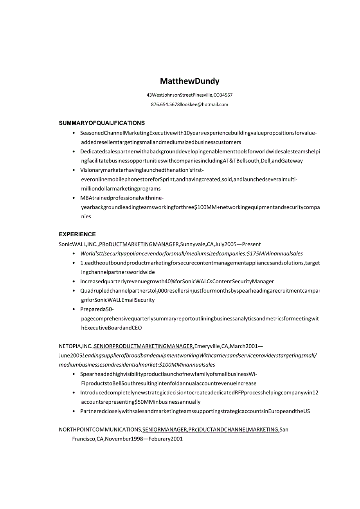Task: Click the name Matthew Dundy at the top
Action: point(189,81)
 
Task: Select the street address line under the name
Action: point(189,95)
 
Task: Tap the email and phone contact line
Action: point(189,104)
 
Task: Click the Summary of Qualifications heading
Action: point(102,123)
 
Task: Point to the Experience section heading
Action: point(77,234)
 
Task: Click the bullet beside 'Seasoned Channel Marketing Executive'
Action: point(74,133)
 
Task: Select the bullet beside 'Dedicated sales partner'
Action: point(74,151)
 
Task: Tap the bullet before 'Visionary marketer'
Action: point(74,170)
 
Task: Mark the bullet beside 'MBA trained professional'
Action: point(74,198)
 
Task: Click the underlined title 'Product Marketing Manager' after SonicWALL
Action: point(139,244)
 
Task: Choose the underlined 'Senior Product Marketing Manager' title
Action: point(144,346)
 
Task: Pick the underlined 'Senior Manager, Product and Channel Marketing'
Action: point(211,430)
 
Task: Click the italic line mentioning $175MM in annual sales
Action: point(191,254)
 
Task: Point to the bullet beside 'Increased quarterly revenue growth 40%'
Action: point(74,281)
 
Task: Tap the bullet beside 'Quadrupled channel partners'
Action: point(74,291)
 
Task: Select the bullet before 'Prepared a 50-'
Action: point(74,309)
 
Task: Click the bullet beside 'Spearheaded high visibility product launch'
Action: point(74,374)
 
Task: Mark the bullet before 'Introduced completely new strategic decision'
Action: point(74,392)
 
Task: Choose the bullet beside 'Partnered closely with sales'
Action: point(74,411)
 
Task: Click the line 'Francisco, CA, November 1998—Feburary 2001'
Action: point(127,439)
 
